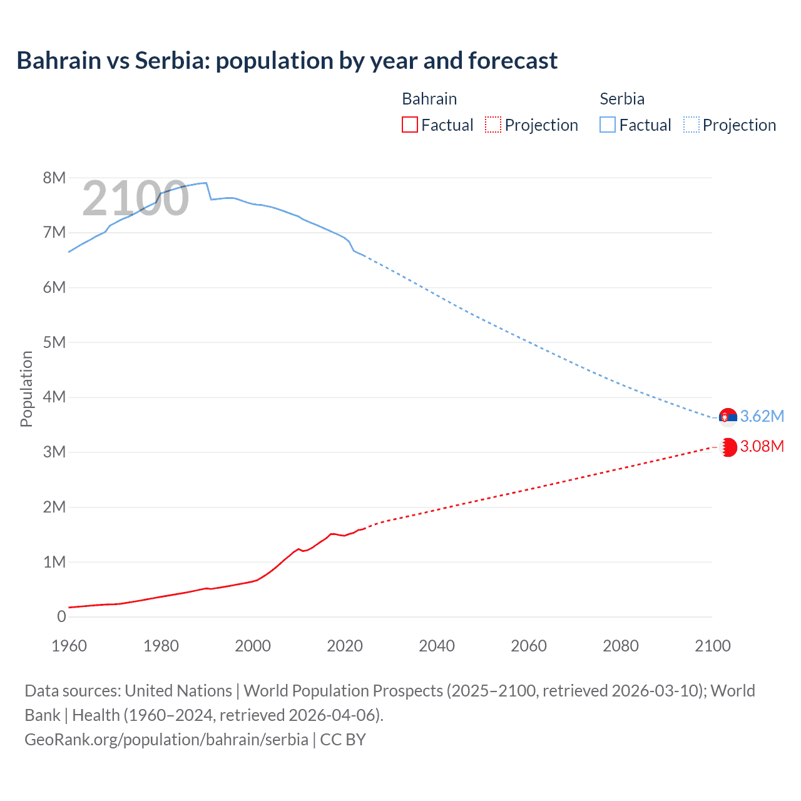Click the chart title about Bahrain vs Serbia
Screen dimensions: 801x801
(287, 61)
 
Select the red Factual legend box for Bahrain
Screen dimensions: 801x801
(410, 125)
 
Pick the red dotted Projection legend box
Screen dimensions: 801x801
(493, 125)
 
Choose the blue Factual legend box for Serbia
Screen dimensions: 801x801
(608, 125)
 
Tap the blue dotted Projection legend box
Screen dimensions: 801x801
(691, 125)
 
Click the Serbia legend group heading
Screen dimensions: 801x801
(621, 99)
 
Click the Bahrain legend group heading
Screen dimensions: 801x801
(429, 99)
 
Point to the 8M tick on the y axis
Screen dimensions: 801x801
(54, 178)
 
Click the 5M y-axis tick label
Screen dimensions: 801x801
(54, 342)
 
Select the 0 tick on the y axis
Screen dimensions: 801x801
(61, 616)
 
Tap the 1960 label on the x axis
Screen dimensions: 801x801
(69, 646)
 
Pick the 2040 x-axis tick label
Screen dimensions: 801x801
(437, 646)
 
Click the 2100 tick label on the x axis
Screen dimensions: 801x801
(712, 646)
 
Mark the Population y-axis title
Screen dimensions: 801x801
(26, 389)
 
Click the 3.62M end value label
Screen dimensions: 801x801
(762, 416)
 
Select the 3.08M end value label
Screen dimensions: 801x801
(762, 446)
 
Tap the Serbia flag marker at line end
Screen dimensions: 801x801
(728, 417)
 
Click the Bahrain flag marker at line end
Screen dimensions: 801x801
(728, 447)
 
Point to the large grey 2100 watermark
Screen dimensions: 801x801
(135, 198)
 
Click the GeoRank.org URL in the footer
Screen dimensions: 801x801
(166, 739)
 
